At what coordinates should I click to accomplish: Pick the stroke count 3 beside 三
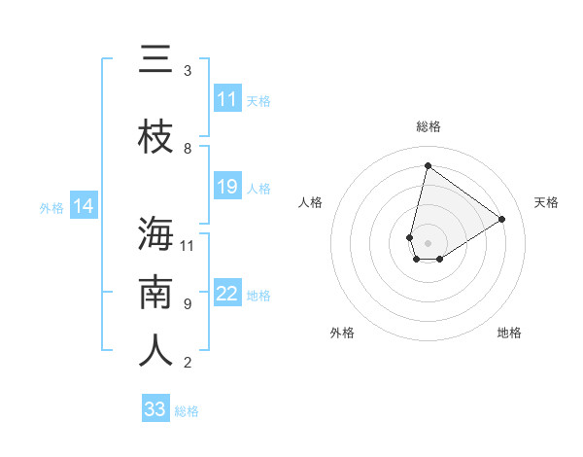pos(188,71)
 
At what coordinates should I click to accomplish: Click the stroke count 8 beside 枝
pos(188,149)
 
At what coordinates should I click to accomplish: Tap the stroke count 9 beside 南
pos(188,304)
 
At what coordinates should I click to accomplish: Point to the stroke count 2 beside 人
pos(188,363)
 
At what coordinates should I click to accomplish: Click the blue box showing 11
pos(227,99)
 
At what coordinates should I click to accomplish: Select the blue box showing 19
pos(227,187)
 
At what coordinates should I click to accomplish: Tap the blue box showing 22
pos(227,294)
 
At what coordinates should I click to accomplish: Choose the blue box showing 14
pos(84,206)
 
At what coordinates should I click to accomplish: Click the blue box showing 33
pos(155,409)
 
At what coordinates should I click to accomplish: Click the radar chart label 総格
pos(429,126)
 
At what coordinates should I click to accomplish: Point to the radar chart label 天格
pos(547,202)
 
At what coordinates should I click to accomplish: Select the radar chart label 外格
pos(342,333)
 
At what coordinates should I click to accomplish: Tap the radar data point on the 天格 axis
pos(502,219)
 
